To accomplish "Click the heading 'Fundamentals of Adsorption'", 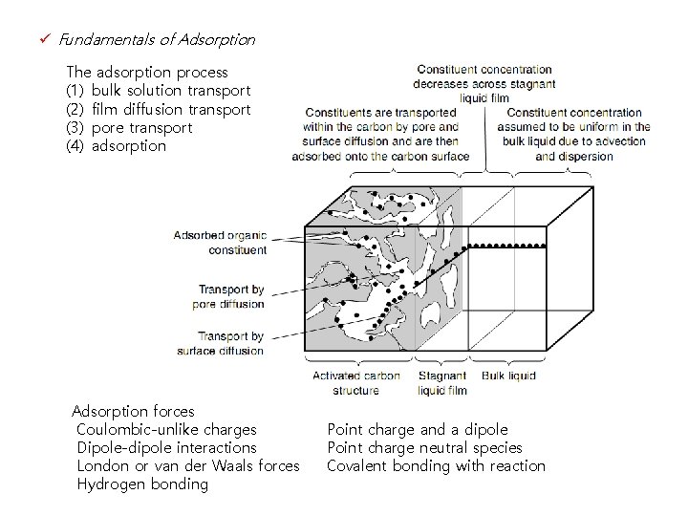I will pos(157,40).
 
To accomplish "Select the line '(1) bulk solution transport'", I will pos(158,91).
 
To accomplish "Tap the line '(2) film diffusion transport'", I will pos(158,109).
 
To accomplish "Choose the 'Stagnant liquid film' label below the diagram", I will pos(442,383).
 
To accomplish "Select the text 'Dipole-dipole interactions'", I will pos(166,448).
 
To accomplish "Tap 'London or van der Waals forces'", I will pos(187,466).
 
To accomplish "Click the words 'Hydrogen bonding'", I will pos(141,484).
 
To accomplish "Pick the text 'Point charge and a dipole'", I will pos(418,430).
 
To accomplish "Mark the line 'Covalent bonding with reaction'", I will pos(436,466).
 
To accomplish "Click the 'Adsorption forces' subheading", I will pos(133,412).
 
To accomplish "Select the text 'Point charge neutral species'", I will pos(424,448).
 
